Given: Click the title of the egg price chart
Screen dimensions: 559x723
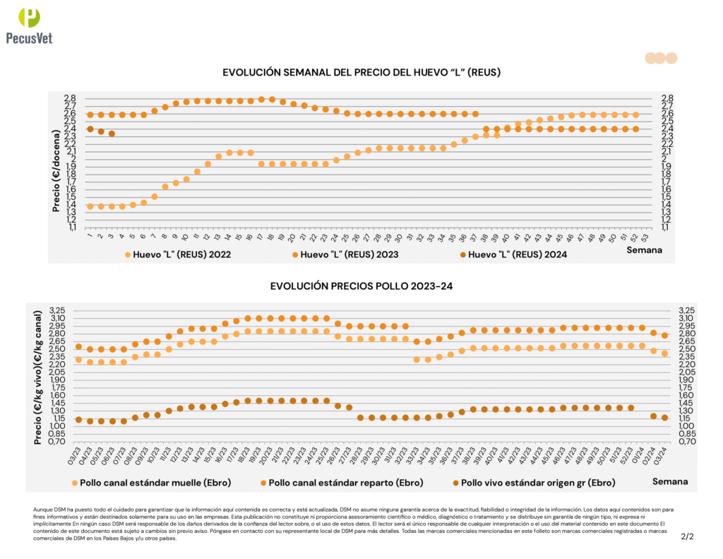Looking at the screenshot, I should click(x=361, y=73).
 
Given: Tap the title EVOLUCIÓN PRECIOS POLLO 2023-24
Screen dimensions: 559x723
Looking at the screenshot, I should click(x=361, y=286).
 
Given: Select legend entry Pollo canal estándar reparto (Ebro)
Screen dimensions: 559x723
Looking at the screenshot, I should click(x=345, y=483).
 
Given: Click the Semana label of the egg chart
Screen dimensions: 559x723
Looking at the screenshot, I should click(x=645, y=249).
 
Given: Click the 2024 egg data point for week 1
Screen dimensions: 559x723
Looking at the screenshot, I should click(x=90, y=129).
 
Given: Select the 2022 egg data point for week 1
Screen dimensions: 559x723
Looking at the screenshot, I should click(x=90, y=206).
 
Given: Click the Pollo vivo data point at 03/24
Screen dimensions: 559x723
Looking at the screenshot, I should click(x=665, y=418).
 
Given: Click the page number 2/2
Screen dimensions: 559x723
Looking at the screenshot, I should click(x=687, y=536).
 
